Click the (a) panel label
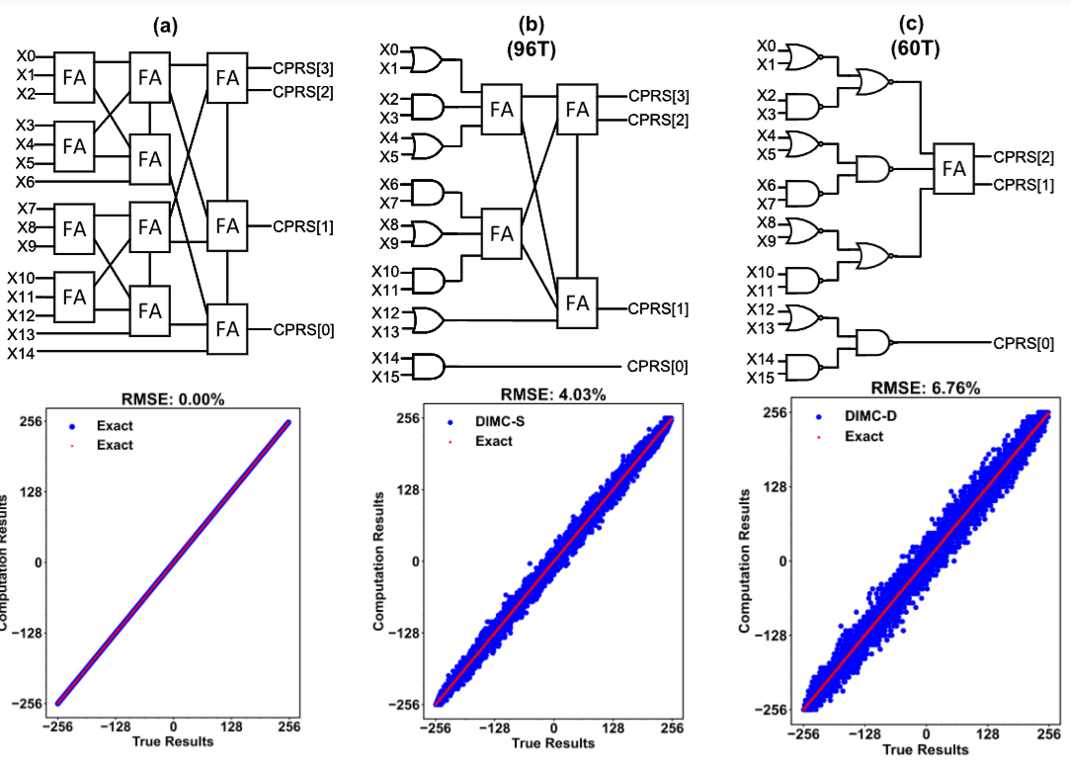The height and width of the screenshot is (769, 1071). point(164,28)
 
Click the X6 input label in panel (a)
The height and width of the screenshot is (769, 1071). point(25,183)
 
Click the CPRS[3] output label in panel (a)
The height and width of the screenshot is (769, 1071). point(303,69)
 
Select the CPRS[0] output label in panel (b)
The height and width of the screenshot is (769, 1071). point(658,368)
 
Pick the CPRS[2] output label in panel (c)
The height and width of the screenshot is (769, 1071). point(1024,157)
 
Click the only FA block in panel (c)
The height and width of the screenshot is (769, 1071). point(952,169)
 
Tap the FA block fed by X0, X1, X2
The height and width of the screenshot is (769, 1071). point(74,76)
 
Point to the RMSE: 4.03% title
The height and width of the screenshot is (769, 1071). point(551,395)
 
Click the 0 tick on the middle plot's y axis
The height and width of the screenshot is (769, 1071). point(416,560)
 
